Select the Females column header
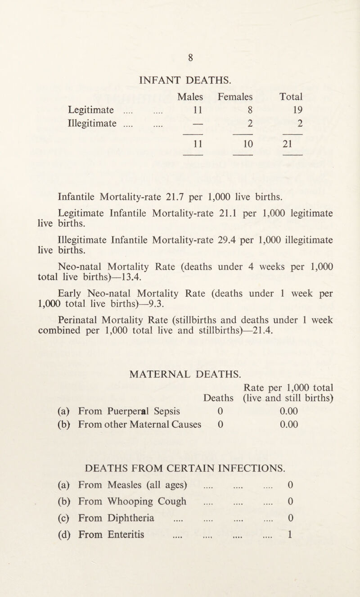pos(233,97)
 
